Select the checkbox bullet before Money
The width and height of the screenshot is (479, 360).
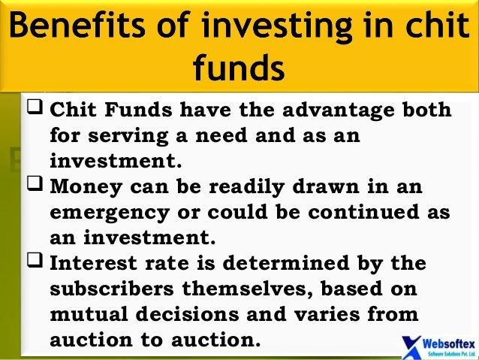[35, 185]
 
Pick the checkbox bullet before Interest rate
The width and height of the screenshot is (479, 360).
[35, 262]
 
